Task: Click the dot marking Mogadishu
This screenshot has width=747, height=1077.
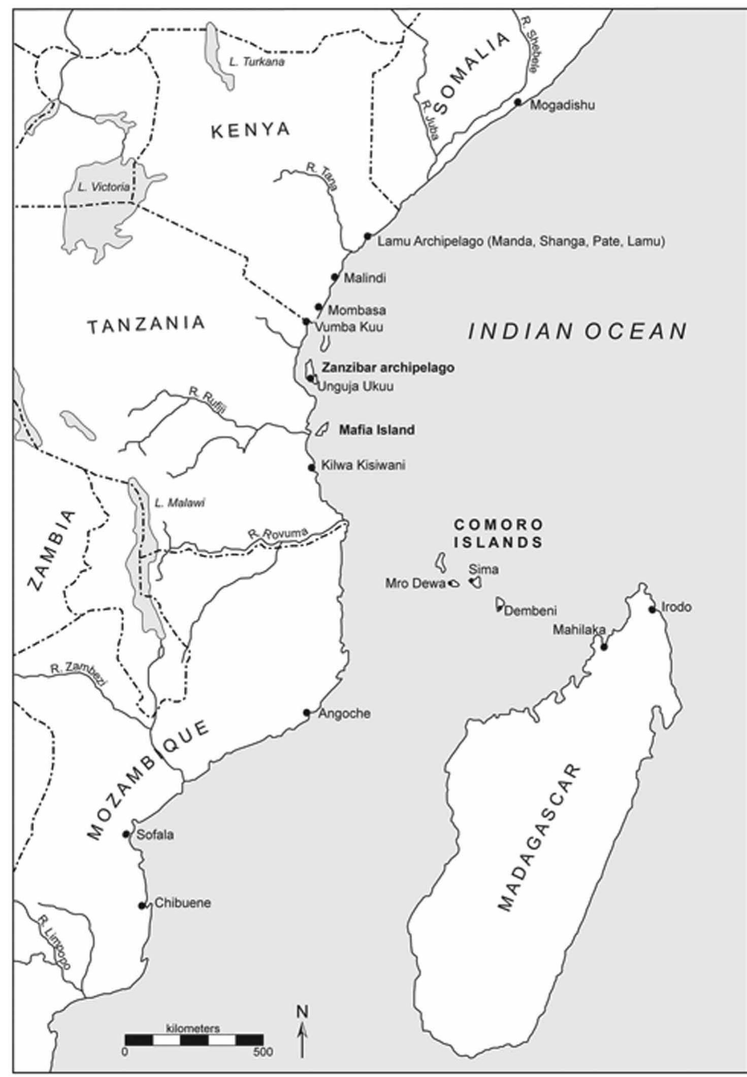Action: click(x=517, y=102)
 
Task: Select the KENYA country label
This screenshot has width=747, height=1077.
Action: click(x=250, y=130)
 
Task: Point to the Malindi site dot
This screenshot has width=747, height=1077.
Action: click(x=335, y=277)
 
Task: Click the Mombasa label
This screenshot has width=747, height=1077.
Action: click(x=356, y=310)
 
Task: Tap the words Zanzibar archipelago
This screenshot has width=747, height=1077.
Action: click(x=388, y=367)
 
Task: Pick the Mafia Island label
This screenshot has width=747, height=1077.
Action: click(x=377, y=430)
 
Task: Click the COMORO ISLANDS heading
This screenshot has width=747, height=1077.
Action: click(x=498, y=533)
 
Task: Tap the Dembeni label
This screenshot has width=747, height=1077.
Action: click(x=530, y=611)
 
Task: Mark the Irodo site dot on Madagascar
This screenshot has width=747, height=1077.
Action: click(x=653, y=610)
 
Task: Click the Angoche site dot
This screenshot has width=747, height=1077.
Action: click(x=307, y=713)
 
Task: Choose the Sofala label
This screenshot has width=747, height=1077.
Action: click(x=155, y=835)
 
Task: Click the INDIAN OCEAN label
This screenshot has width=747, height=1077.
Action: click(x=577, y=332)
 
